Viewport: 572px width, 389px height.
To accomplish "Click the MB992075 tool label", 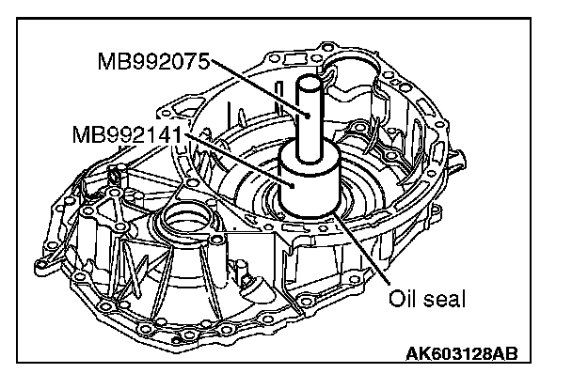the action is (153, 61).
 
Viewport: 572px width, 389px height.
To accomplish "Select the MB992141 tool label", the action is (127, 134).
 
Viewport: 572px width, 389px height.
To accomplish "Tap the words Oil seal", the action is (427, 299).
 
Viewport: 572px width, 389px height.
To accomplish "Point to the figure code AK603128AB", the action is (462, 353).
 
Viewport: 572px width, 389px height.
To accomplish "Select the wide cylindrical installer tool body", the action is (310, 182).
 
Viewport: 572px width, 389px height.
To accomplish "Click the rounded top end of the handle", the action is (310, 81).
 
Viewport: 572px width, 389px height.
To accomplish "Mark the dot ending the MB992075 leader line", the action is (308, 116).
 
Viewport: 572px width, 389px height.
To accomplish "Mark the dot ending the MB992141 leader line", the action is (293, 186).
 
